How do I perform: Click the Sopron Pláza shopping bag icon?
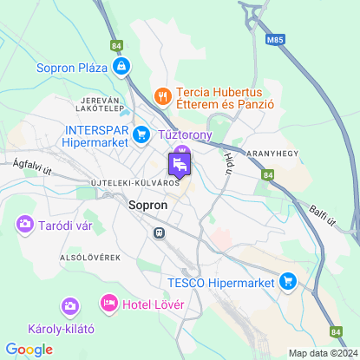(122, 66)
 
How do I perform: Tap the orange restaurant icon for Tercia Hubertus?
(161, 94)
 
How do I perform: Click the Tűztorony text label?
(187, 136)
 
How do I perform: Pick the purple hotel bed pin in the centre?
(180, 163)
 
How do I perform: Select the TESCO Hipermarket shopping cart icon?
(288, 281)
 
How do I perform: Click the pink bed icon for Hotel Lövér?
(109, 303)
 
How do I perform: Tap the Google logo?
(29, 349)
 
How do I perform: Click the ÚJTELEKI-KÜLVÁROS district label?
(134, 183)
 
